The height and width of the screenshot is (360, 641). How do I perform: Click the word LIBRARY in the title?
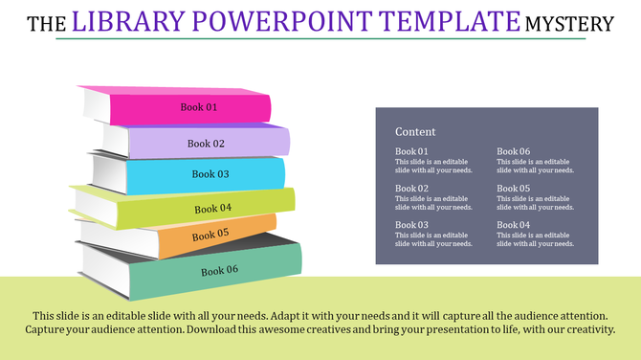pyautogui.click(x=126, y=21)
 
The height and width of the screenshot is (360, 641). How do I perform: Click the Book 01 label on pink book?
pyautogui.click(x=199, y=107)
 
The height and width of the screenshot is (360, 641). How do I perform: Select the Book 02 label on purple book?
pyautogui.click(x=206, y=144)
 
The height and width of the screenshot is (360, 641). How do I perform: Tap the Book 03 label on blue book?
pyautogui.click(x=210, y=174)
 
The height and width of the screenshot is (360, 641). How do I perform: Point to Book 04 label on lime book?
pyautogui.click(x=213, y=208)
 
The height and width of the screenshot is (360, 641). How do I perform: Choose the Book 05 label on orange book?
pyautogui.click(x=210, y=235)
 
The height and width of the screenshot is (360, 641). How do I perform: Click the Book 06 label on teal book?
pyautogui.click(x=219, y=271)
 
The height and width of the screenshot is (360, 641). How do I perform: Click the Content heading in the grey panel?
pyautogui.click(x=415, y=132)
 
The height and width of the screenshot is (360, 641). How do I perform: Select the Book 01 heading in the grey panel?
pyautogui.click(x=411, y=152)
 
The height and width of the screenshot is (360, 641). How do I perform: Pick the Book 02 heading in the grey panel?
pyautogui.click(x=411, y=189)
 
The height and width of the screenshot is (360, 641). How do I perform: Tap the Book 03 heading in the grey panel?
pyautogui.click(x=411, y=225)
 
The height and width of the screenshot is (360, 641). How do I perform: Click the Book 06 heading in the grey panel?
pyautogui.click(x=514, y=152)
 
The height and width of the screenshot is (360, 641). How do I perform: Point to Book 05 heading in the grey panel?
pyautogui.click(x=514, y=189)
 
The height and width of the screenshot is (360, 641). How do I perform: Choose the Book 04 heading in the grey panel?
pyautogui.click(x=514, y=225)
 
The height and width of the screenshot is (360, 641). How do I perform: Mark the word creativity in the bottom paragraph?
pyautogui.click(x=583, y=329)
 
